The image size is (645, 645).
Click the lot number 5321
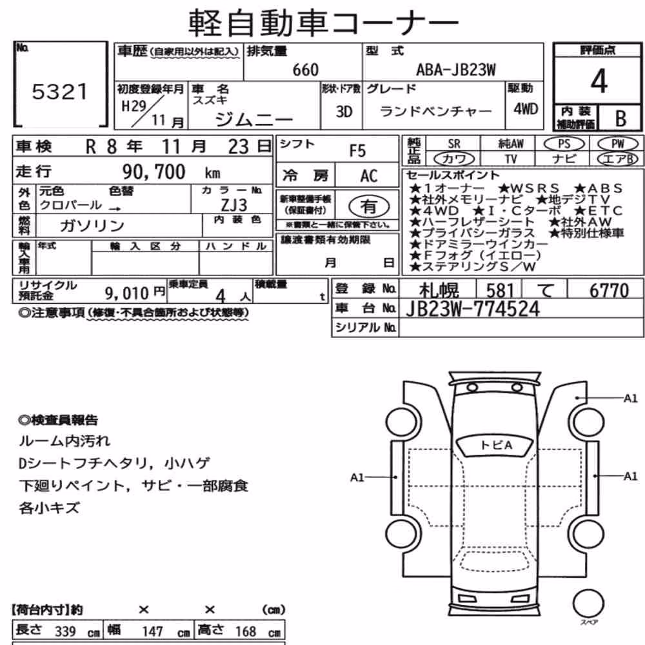(x=60, y=92)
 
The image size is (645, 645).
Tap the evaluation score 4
(x=599, y=81)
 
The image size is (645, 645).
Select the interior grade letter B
(x=620, y=119)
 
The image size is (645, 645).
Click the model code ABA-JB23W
(x=456, y=70)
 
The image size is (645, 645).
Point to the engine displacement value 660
(x=306, y=70)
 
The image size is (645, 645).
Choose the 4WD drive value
(x=526, y=109)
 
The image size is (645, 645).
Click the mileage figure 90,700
(x=154, y=172)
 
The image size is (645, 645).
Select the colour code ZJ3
(x=234, y=205)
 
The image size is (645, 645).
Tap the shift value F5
(x=357, y=151)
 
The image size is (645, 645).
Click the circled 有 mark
(x=369, y=206)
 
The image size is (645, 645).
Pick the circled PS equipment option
(x=564, y=144)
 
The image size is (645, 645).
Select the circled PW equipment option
(x=618, y=144)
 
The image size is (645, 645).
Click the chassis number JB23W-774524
(x=473, y=309)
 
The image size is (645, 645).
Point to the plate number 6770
(x=610, y=290)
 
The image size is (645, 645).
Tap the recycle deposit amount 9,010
(x=126, y=293)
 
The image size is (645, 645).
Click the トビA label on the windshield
(x=495, y=445)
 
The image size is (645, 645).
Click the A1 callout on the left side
(x=357, y=477)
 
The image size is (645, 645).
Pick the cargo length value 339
(x=65, y=631)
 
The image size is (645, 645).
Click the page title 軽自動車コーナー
(x=323, y=23)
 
